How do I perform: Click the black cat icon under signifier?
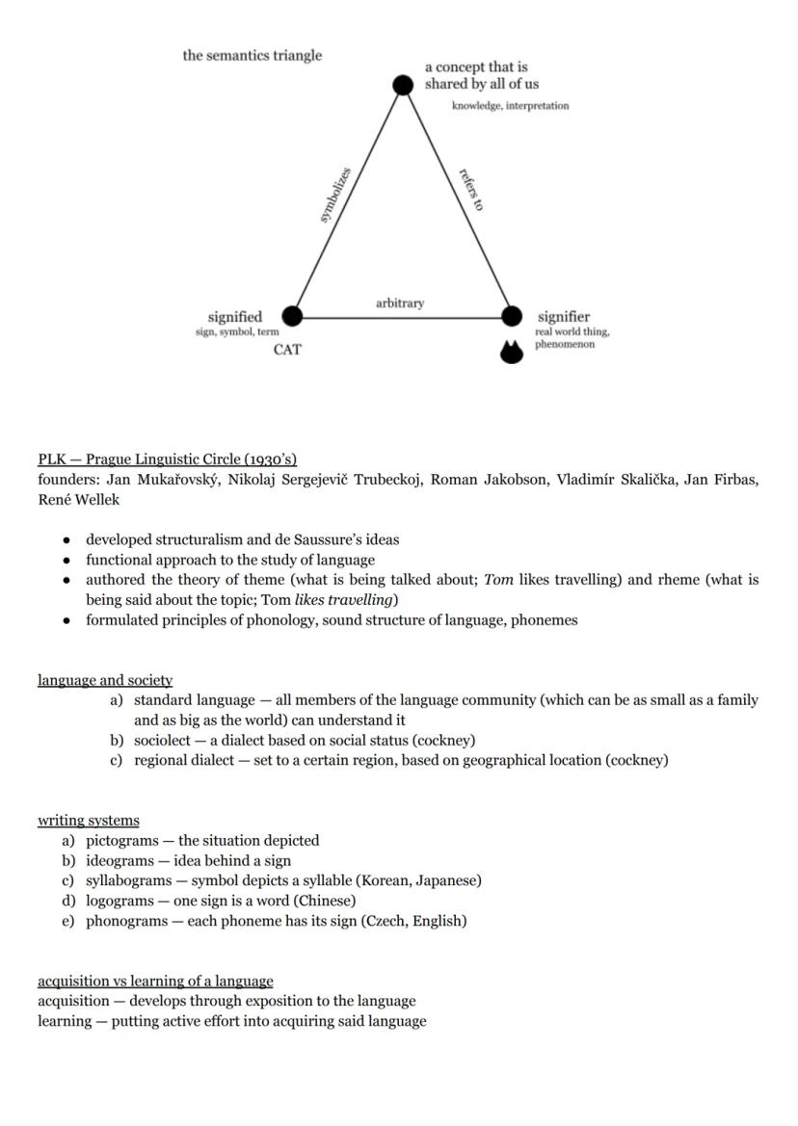(x=512, y=353)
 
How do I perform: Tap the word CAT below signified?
(x=287, y=350)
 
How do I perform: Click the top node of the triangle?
(x=403, y=85)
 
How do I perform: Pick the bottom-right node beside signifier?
(x=513, y=316)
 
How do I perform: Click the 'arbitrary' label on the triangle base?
(x=399, y=303)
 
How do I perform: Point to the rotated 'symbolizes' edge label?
(x=334, y=196)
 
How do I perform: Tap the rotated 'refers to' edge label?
(x=471, y=190)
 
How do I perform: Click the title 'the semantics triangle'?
(x=253, y=56)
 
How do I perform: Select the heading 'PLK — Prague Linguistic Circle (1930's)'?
(x=167, y=459)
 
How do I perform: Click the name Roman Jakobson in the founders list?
(x=486, y=480)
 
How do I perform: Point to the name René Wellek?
(x=79, y=500)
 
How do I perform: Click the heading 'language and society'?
(x=105, y=680)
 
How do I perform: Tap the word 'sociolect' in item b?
(x=165, y=741)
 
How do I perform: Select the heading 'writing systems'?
(x=89, y=821)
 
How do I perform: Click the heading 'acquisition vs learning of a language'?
(x=155, y=981)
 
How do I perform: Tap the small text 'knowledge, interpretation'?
(x=510, y=106)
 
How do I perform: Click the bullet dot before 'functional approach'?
(x=66, y=561)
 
